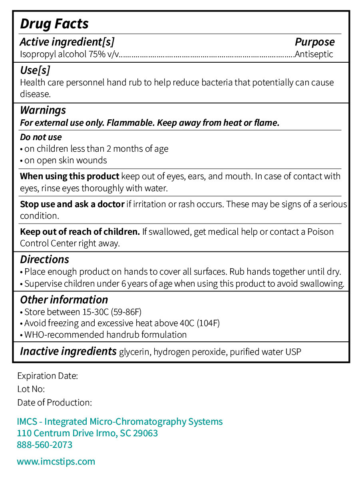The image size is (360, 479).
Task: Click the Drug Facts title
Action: [54, 24]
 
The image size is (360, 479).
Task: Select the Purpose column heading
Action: [314, 42]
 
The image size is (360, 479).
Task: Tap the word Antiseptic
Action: [314, 54]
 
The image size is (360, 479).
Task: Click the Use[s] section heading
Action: [35, 70]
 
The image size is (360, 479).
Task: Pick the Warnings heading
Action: [43, 110]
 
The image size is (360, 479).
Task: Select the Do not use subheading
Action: [41, 137]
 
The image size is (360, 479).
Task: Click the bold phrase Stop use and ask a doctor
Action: [72, 204]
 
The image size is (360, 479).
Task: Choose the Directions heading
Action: [44, 259]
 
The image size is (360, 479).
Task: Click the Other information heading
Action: [64, 300]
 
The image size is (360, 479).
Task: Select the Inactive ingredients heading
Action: [68, 352]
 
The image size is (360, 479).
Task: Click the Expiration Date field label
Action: [48, 376]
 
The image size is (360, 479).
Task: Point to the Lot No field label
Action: [31, 389]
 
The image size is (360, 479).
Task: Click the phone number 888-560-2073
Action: [45, 445]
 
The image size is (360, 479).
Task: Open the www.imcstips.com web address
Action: [56, 462]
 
